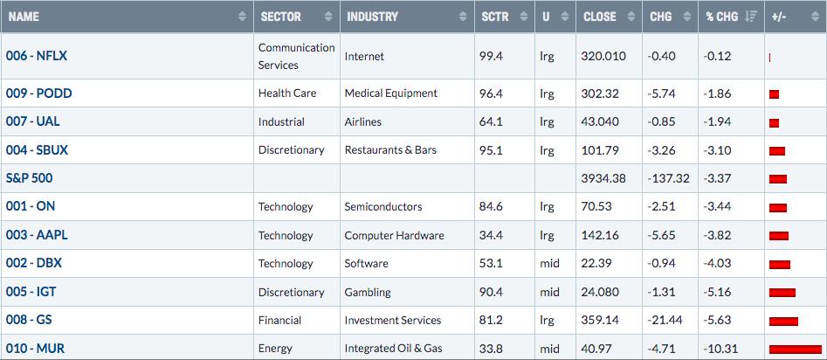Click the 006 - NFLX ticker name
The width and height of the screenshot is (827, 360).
37,55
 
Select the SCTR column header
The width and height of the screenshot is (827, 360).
495,17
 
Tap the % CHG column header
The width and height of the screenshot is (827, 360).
717,17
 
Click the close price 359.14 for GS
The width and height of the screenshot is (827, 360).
601,320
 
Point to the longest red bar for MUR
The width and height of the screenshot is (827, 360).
796,349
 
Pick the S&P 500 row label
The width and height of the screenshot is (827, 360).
29,178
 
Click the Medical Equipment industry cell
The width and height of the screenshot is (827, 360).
391,93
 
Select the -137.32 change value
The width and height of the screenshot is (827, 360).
669,178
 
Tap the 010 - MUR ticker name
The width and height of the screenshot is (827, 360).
35,349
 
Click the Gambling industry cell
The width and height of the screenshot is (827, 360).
368,292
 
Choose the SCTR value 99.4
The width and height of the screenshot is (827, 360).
491,56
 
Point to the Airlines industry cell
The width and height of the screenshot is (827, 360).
363,121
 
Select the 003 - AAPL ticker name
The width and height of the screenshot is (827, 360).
37,235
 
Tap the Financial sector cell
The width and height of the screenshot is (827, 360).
279,320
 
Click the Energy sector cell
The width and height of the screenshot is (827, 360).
275,349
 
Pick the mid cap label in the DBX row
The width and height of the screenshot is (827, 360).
549,263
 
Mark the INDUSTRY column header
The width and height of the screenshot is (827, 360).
372,17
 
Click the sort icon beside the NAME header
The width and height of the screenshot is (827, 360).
242,17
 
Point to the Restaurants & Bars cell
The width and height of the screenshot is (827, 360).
391,150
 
